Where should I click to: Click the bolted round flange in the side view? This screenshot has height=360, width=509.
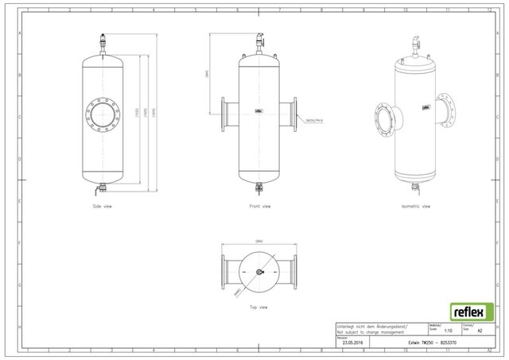tap(103, 114)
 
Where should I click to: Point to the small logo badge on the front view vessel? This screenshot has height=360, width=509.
tap(258, 112)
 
